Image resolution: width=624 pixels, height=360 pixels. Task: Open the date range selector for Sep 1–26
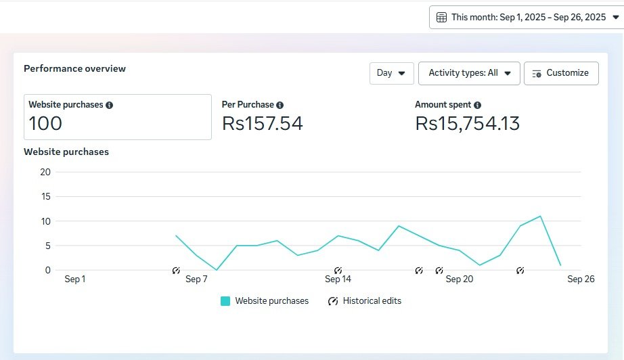point(527,18)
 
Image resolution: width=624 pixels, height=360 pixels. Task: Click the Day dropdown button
point(392,73)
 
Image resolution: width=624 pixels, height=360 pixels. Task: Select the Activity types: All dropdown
point(469,73)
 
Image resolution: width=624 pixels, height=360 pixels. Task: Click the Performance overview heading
point(75,68)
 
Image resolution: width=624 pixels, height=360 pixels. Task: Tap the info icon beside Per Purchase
point(280,105)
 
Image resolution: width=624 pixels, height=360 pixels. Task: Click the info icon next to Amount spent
point(478,105)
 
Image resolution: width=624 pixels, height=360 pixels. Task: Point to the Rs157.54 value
point(262,123)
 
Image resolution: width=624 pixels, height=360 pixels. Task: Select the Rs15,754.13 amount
point(467,123)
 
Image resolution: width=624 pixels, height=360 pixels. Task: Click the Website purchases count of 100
point(45,123)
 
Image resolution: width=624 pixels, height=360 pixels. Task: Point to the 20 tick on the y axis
point(45,173)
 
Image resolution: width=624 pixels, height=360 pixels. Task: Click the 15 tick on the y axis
point(46,196)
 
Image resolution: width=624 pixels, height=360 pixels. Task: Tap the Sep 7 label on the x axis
point(196,279)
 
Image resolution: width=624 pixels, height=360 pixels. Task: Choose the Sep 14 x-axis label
point(338,279)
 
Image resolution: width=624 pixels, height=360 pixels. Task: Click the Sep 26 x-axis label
point(581,279)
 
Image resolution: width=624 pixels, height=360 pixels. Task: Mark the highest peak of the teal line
point(540,216)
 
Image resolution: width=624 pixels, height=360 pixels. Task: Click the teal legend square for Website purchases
point(225,301)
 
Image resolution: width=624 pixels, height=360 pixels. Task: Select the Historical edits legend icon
point(333,301)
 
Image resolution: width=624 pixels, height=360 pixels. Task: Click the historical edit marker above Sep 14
point(338,271)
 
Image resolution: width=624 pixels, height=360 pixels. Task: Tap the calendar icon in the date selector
point(441,18)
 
